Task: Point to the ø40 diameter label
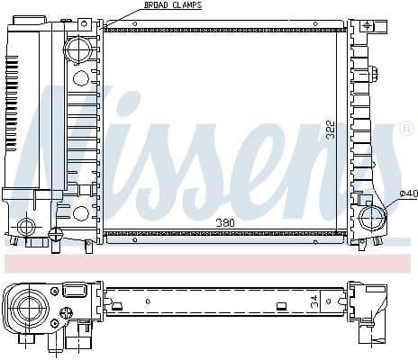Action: [x=407, y=193]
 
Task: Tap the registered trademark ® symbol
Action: [x=406, y=130]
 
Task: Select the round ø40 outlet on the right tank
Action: [x=371, y=218]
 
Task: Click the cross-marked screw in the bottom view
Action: [x=65, y=314]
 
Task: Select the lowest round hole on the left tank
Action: [x=80, y=214]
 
